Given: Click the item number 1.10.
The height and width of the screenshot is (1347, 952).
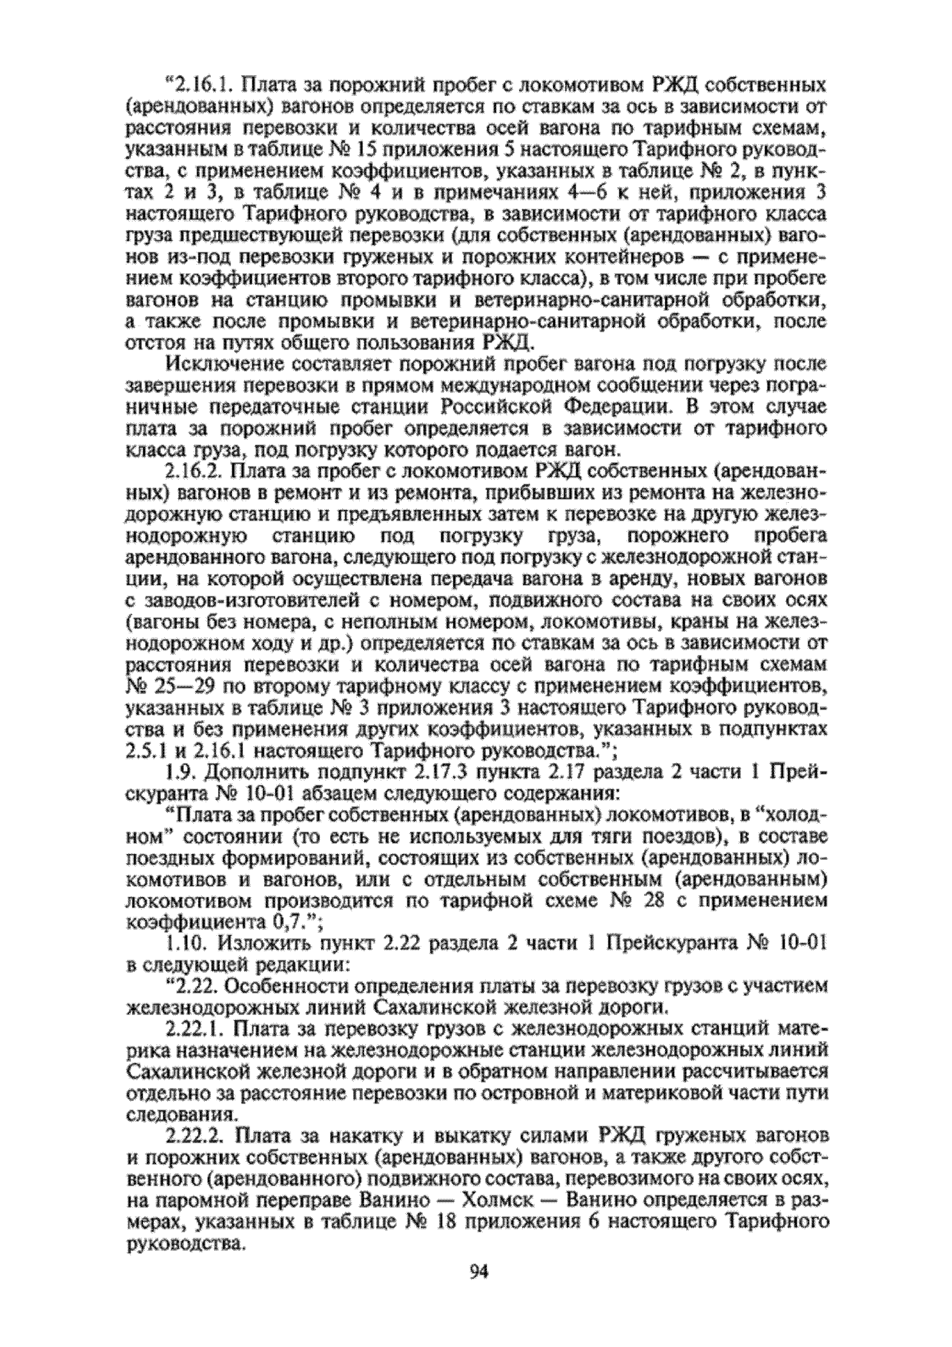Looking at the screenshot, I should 185,946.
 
